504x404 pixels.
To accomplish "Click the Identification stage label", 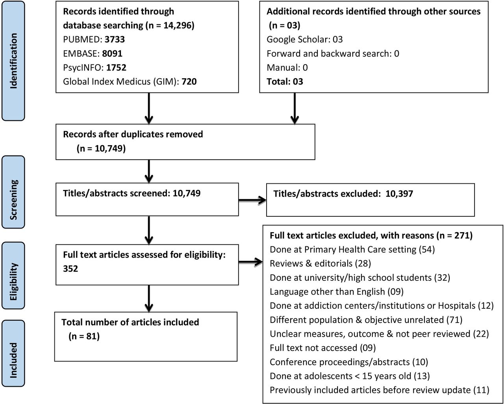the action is [13, 61].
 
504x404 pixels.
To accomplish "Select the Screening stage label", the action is [13, 200].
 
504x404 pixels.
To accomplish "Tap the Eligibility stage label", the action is [13, 282].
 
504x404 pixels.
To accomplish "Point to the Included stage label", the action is [13, 360].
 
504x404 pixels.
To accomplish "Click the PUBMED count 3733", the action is [115, 39].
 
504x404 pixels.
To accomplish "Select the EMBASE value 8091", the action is [112, 53].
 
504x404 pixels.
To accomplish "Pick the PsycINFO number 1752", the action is [116, 68].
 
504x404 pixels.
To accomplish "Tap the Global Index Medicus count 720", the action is [189, 82].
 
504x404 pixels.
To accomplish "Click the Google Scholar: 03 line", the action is [305, 39].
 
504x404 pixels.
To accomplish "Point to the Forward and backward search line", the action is [333, 53].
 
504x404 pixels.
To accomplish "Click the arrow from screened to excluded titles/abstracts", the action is [252, 200].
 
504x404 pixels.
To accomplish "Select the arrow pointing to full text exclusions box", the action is [250, 262].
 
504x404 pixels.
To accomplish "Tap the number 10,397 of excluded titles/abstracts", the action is [399, 194].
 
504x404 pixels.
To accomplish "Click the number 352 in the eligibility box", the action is [70, 269].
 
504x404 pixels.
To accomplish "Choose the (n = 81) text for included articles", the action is [84, 336].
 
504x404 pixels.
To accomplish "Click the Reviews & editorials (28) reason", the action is [321, 264].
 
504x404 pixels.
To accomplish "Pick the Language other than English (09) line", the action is [337, 291].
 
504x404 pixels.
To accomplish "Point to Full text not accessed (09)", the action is [323, 348].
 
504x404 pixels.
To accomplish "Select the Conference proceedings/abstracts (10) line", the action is [349, 362].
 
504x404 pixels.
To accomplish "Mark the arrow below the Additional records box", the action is [295, 108].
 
